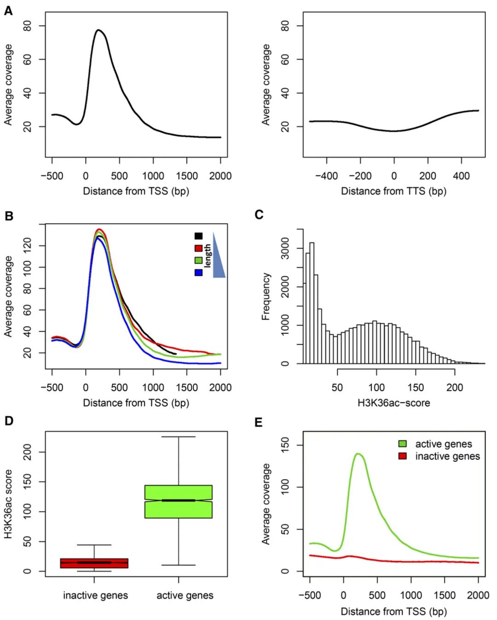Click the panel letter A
[x=8, y=11]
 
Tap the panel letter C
[x=259, y=214]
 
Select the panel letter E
[x=259, y=422]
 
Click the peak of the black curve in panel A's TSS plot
[x=98, y=30]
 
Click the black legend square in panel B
[x=198, y=236]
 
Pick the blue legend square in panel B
[x=198, y=272]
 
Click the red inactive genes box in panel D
[x=94, y=563]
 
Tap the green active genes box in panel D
[x=179, y=502]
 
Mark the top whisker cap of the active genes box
[x=179, y=436]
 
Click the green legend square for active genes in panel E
[x=403, y=444]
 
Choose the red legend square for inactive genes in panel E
[x=403, y=456]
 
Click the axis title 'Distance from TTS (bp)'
[x=393, y=191]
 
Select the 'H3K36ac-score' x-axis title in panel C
[x=393, y=403]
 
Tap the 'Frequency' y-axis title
[x=266, y=296]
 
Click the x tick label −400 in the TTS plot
[x=326, y=176]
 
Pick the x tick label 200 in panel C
[x=455, y=388]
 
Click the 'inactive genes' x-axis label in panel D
[x=95, y=596]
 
